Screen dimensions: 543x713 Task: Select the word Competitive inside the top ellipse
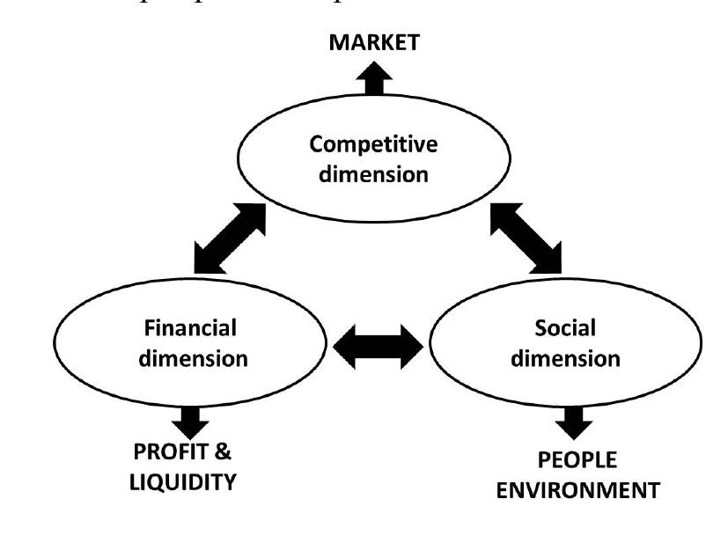pos(373,144)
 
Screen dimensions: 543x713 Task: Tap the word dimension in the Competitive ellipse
pos(373,173)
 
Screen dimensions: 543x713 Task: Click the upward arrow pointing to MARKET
pos(375,80)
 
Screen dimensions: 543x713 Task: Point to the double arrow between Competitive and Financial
pos(229,238)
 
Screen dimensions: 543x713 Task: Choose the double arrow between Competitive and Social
pos(526,235)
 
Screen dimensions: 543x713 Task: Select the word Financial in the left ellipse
pos(190,328)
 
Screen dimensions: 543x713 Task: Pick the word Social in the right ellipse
pos(566,328)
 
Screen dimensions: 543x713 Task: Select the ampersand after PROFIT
pos(224,452)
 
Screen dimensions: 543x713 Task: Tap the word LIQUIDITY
pos(184,482)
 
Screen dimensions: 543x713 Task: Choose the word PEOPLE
pos(577,460)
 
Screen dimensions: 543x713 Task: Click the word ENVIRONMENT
pos(577,490)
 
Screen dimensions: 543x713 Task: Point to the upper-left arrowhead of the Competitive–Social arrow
pos(504,214)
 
